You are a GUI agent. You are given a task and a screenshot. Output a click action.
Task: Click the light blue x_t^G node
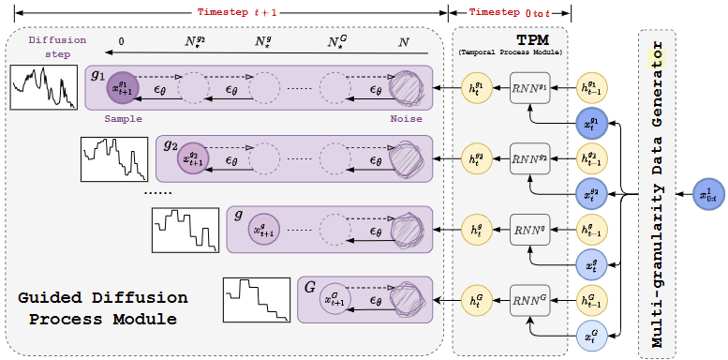coord(591,333)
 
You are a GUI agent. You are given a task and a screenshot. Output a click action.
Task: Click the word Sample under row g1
coord(123,119)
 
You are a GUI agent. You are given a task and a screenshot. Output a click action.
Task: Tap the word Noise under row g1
coord(406,119)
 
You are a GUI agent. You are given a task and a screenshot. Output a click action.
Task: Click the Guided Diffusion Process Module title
coord(103,308)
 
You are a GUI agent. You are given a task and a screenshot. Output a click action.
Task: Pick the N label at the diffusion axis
coord(404,43)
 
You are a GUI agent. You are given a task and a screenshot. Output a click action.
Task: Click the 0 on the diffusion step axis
coord(121,43)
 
